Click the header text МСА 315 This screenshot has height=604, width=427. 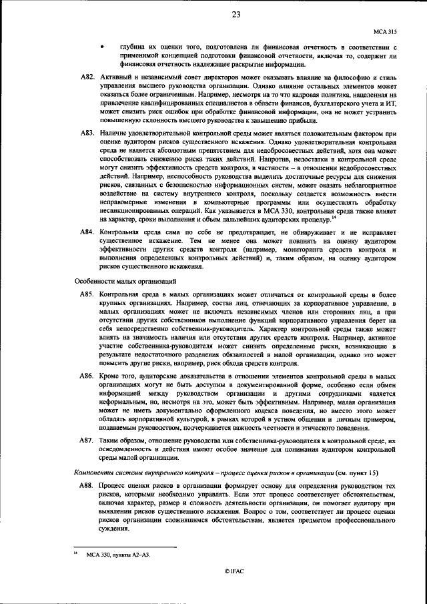click(386, 31)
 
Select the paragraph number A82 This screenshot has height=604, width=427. click(87, 79)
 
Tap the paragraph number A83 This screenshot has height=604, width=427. click(87, 135)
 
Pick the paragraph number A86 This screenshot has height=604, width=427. click(87, 377)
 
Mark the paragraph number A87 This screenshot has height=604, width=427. click(87, 442)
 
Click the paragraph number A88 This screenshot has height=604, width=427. click(87, 481)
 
